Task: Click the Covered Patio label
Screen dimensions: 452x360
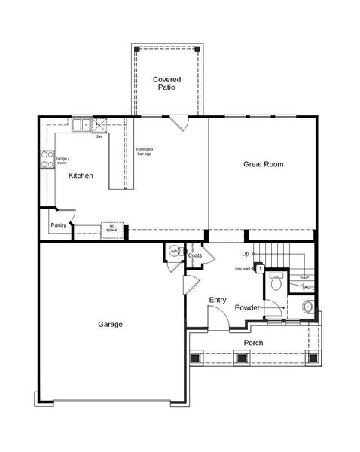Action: coord(166,83)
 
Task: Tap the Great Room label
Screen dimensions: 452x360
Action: coord(263,163)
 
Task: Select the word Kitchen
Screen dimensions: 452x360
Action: coord(81,176)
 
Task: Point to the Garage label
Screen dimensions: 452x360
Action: coord(110,325)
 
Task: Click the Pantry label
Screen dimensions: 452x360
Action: coord(58,224)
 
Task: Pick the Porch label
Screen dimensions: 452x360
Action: coord(253,343)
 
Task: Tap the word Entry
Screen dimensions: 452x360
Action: coord(217,300)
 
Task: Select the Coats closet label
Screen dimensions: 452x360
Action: coord(195,256)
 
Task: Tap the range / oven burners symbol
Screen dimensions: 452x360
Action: coord(45,160)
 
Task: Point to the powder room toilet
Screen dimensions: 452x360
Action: coord(276,283)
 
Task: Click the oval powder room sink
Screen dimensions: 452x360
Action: coord(307,307)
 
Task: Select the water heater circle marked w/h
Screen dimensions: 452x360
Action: coord(174,252)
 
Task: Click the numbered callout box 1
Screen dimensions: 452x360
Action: coord(260,267)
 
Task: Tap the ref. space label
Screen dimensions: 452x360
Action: coord(112,227)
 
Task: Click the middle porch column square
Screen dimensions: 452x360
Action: coord(243,358)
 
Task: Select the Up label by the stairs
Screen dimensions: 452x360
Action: coord(246,254)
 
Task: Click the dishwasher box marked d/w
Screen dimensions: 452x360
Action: coord(99,136)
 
